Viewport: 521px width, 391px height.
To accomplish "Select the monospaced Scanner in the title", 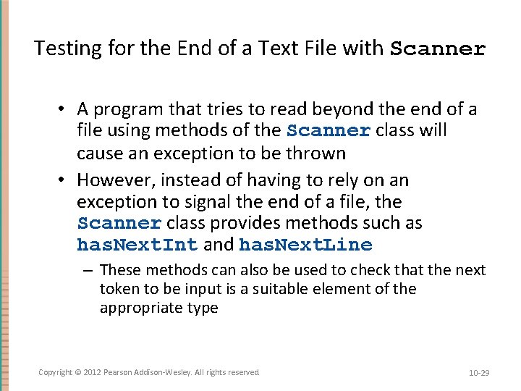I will tap(438, 49).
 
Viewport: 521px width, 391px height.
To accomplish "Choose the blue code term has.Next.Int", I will tap(137, 245).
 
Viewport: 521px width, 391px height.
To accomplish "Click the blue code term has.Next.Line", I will tap(305, 245).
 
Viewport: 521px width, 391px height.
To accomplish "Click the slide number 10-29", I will tap(479, 373).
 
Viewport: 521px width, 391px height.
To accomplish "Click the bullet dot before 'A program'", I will tap(64, 109).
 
